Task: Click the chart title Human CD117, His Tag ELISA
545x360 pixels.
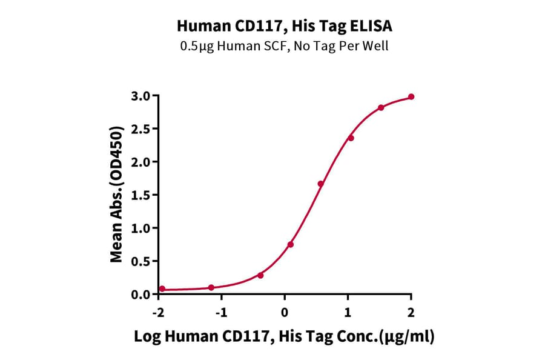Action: click(284, 26)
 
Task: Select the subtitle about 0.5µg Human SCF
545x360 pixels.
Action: click(284, 46)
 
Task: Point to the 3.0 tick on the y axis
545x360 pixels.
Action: click(141, 96)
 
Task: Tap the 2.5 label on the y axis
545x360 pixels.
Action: click(141, 129)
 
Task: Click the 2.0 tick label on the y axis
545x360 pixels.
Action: click(141, 162)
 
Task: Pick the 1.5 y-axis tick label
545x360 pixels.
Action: click(141, 195)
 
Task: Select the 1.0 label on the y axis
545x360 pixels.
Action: click(141, 228)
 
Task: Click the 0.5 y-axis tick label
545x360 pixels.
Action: click(141, 261)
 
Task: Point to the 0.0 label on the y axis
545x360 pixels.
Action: click(141, 294)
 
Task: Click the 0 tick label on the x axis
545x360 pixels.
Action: click(284, 311)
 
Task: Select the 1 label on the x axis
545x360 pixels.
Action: click(348, 311)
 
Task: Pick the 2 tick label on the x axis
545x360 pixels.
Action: click(411, 311)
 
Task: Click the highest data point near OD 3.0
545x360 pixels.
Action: click(411, 97)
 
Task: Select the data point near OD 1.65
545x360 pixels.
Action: click(321, 184)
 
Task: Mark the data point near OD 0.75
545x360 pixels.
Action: click(291, 244)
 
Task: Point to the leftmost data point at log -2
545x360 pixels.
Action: click(162, 289)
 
